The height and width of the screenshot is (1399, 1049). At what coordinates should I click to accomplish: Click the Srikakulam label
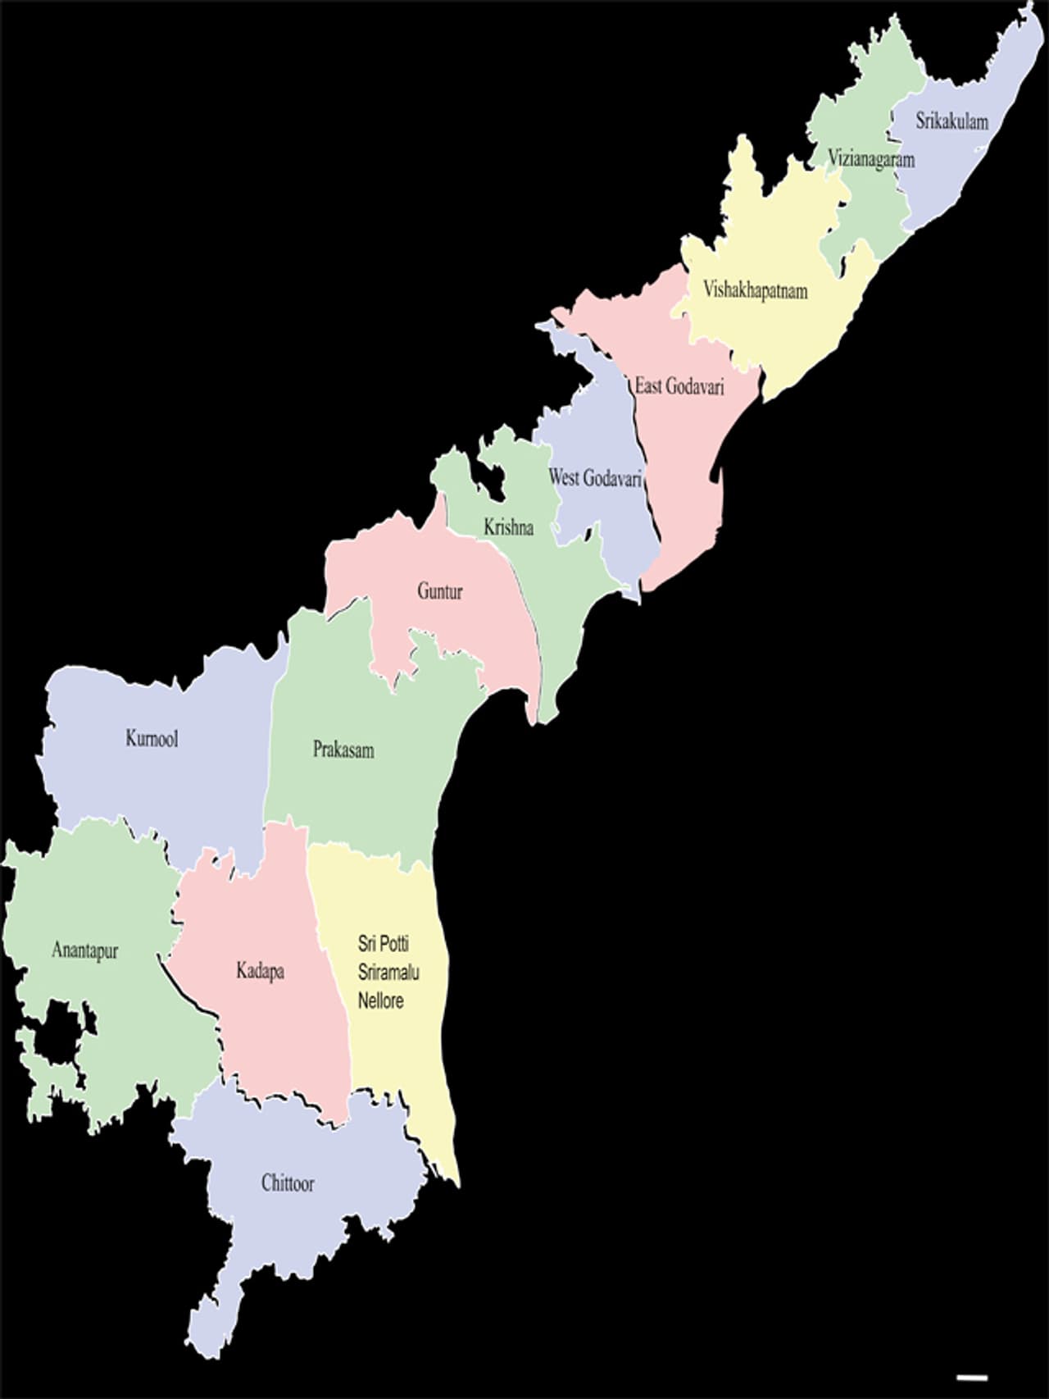tap(951, 121)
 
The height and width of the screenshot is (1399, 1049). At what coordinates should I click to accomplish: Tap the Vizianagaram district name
tap(870, 158)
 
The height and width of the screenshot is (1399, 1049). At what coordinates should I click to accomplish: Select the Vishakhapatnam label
tap(755, 290)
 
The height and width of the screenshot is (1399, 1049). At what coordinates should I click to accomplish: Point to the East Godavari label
tap(679, 386)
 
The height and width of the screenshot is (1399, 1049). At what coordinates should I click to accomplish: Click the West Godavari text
tap(595, 477)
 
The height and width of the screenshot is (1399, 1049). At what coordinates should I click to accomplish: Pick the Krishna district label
tap(508, 527)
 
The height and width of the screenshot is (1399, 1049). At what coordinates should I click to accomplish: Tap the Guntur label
tap(440, 590)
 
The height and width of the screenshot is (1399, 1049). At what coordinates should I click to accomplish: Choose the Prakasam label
tap(343, 750)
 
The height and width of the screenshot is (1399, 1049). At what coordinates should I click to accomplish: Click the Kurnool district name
tap(152, 738)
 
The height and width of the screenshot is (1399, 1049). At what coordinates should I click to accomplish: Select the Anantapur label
tap(85, 950)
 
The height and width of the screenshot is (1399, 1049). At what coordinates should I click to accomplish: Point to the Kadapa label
tap(260, 971)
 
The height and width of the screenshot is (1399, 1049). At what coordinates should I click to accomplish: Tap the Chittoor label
tap(288, 1183)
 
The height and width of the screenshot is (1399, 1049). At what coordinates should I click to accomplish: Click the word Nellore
tap(380, 1000)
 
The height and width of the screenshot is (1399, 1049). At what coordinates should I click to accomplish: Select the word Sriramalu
tap(388, 973)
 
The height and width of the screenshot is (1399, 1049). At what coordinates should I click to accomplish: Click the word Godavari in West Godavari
tap(612, 477)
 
